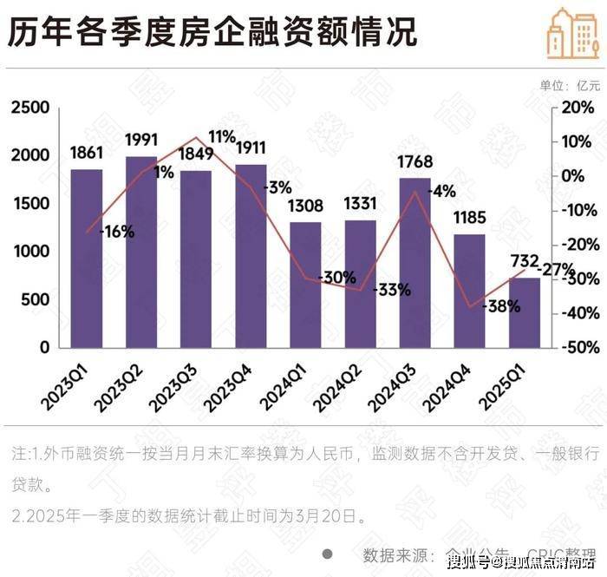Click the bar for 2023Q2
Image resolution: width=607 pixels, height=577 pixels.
coord(141,252)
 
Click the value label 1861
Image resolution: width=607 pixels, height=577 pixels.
coord(87,154)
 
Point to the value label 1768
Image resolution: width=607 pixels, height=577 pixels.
coord(414,162)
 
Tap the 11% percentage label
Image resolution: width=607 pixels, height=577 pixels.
coord(222,136)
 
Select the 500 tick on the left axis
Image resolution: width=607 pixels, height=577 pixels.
coord(38,299)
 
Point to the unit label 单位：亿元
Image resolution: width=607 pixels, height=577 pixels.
coord(570,85)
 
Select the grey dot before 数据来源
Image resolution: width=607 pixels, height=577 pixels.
coord(328,554)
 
